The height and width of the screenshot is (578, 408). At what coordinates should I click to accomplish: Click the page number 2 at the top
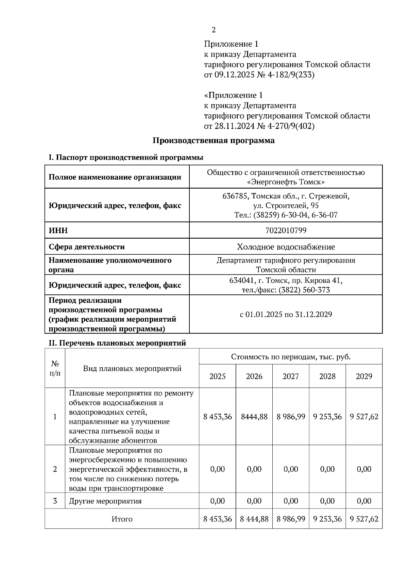pyautogui.click(x=214, y=30)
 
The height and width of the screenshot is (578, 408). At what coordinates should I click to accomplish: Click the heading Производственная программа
pyautogui.click(x=213, y=140)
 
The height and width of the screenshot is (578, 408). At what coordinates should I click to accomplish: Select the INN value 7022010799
pyautogui.click(x=286, y=230)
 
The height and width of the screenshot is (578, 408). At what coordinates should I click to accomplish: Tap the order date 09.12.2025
pyautogui.click(x=234, y=75)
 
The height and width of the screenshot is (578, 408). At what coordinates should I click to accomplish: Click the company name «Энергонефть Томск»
pyautogui.click(x=286, y=182)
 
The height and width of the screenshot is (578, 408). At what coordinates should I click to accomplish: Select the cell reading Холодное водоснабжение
pyautogui.click(x=286, y=247)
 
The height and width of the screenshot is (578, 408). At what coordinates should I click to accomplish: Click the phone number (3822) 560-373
pyautogui.click(x=304, y=290)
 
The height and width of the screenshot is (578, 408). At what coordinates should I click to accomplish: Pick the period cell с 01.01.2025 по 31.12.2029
pyautogui.click(x=286, y=314)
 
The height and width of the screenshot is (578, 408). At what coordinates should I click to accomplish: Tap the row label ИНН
pyautogui.click(x=58, y=230)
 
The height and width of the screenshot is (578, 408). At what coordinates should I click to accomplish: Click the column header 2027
pyautogui.click(x=291, y=376)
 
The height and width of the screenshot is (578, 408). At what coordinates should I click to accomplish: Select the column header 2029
pyautogui.click(x=364, y=376)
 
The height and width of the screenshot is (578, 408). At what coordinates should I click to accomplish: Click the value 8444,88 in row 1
pyautogui.click(x=254, y=417)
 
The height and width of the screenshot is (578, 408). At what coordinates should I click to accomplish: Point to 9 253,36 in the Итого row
pyautogui.click(x=327, y=519)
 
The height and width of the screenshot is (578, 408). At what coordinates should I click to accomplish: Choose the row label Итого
pyautogui.click(x=122, y=519)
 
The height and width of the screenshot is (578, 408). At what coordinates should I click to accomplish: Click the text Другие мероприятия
pyautogui.click(x=105, y=501)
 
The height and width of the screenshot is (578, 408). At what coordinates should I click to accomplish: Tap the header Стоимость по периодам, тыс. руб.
pyautogui.click(x=291, y=357)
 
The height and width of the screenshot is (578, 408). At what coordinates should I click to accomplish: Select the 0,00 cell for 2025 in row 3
pyautogui.click(x=218, y=501)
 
